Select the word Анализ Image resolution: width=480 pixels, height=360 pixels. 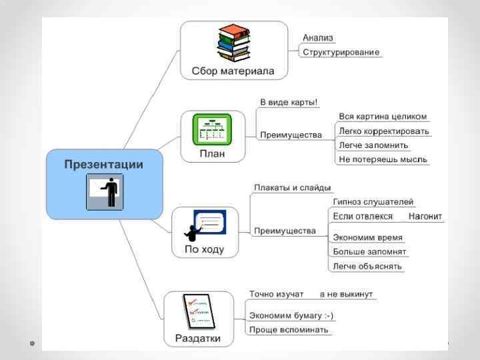318,38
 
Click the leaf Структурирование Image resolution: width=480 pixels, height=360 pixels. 341,52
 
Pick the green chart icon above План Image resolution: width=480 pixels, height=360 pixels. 213,130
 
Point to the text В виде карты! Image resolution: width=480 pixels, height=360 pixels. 289,103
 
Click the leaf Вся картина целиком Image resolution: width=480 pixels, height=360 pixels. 382,117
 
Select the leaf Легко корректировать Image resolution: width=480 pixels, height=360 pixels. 384,131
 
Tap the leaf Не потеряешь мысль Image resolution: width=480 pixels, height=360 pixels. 383,159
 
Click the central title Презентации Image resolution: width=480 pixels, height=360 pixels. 103,164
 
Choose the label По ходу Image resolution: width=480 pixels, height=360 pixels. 205,250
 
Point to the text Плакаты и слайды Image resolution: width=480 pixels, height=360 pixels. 293,188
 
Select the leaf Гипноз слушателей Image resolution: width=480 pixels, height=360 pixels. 373,202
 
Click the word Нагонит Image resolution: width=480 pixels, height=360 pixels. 425,217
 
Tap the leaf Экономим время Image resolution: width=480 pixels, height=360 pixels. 367,237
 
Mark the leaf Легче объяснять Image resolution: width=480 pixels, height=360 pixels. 367,266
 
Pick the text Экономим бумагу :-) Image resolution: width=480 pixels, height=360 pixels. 291,316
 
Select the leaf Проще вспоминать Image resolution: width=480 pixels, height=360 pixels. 288,330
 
